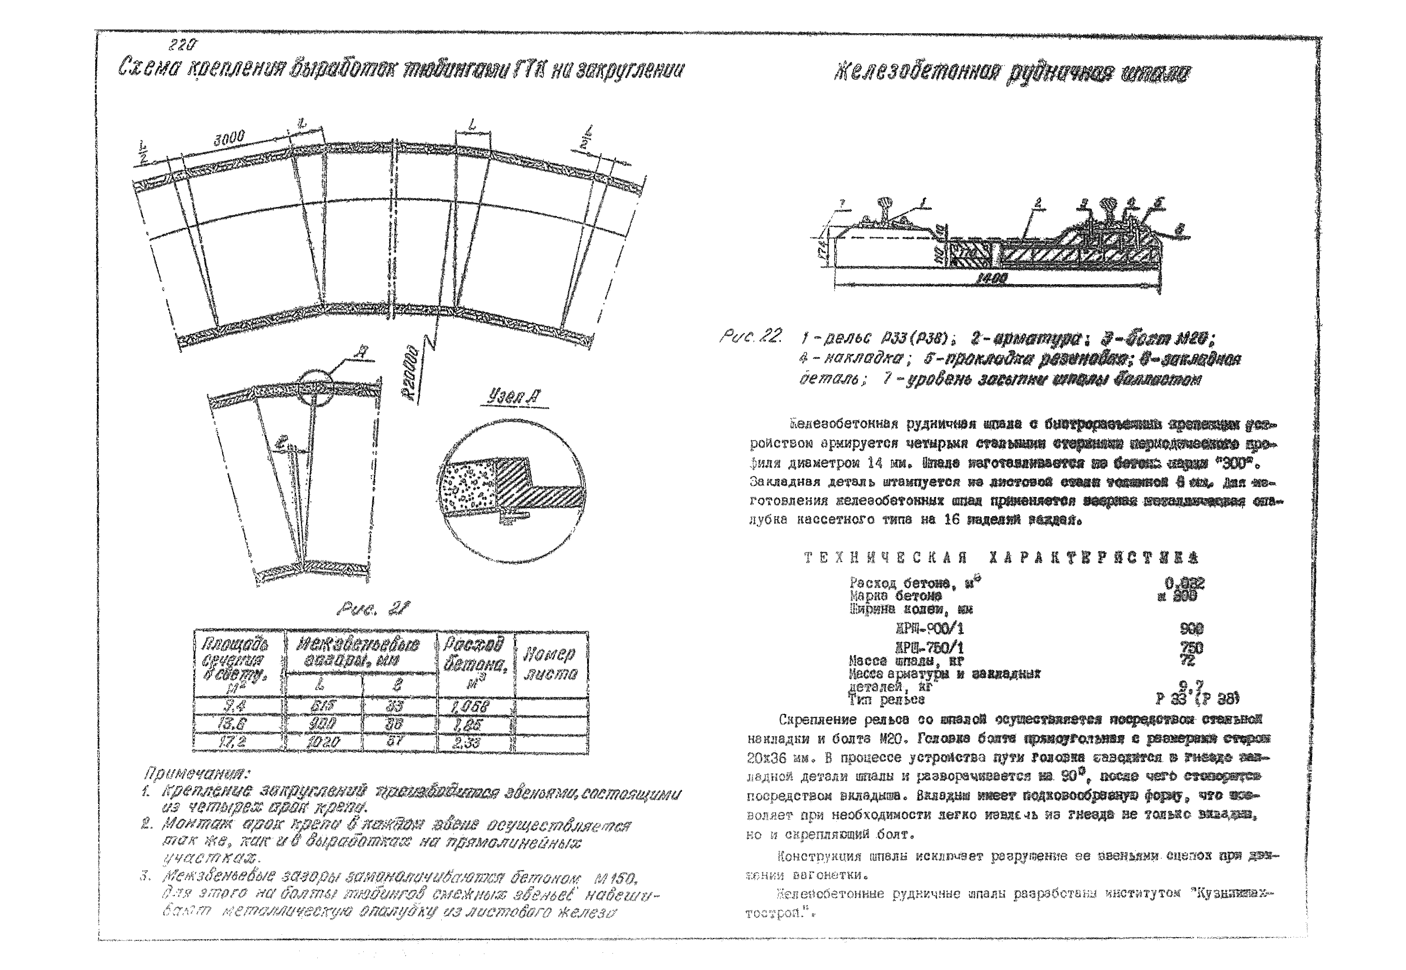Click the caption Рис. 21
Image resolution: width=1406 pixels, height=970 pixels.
374,608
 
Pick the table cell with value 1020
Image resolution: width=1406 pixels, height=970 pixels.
323,742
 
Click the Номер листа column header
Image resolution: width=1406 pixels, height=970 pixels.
550,664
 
